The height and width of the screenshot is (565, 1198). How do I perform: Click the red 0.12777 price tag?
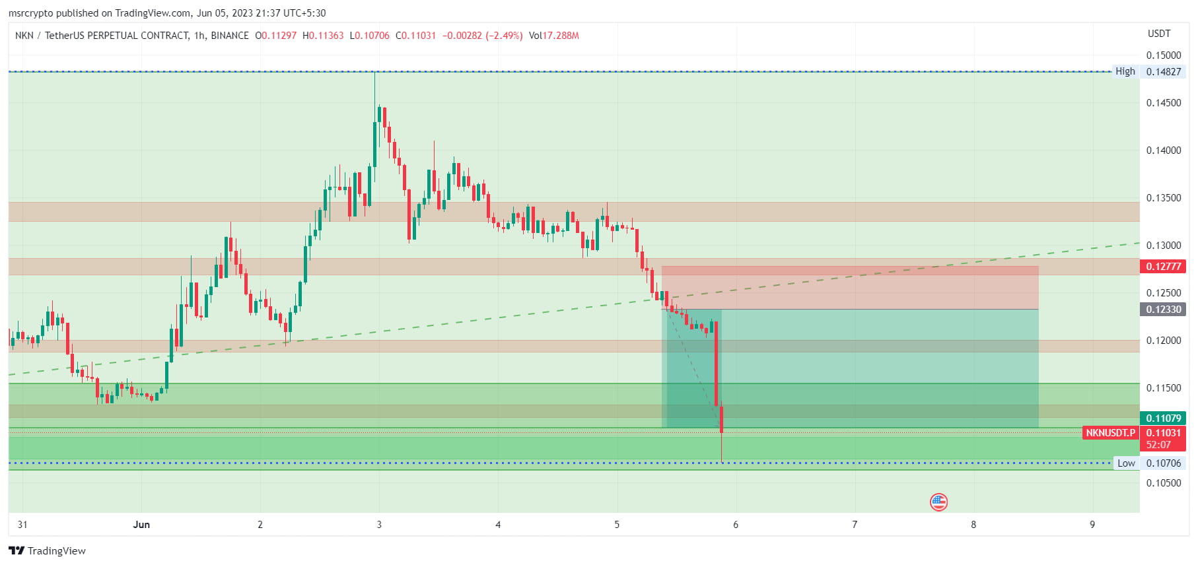point(1163,267)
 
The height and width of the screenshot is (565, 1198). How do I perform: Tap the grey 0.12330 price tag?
point(1163,310)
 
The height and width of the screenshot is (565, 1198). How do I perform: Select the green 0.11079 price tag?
point(1163,418)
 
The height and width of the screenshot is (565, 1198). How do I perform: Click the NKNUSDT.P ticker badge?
point(1110,433)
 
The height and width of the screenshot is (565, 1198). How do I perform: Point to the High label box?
point(1125,71)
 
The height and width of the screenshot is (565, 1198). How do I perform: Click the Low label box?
point(1126,463)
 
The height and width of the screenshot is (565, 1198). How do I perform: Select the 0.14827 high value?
point(1164,72)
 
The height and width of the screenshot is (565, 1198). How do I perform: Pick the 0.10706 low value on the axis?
point(1164,463)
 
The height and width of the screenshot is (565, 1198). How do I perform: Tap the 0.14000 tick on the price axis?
point(1164,150)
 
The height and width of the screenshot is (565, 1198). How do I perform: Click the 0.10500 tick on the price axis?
point(1164,483)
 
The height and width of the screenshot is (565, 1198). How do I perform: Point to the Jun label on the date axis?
point(141,525)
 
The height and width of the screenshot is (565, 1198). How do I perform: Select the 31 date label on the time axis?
point(22,525)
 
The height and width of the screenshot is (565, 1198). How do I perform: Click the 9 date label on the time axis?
point(1092,525)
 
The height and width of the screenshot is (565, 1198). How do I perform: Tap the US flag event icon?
point(938,502)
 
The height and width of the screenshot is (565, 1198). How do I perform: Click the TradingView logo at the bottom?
point(48,551)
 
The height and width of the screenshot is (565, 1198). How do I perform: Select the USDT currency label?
point(1159,34)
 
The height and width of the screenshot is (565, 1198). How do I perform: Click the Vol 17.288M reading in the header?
point(553,36)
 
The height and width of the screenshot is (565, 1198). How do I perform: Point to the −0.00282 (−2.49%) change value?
point(482,36)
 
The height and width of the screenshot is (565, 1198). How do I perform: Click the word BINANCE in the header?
point(230,36)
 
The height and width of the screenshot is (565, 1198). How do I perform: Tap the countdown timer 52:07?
point(1158,445)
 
